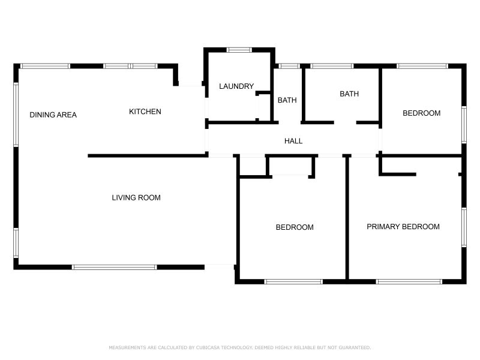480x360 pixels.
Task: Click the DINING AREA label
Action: point(53,115)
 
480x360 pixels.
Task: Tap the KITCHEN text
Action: point(145,112)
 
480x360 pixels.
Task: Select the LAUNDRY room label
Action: point(236,86)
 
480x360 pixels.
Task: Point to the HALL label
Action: point(293,141)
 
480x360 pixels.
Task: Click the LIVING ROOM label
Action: point(136,197)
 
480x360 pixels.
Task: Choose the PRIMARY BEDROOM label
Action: point(403,227)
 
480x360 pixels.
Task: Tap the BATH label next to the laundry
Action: point(287,100)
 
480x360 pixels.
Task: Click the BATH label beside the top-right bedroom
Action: point(349,94)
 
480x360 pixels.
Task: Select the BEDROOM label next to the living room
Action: point(295,227)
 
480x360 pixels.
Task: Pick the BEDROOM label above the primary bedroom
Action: point(421,113)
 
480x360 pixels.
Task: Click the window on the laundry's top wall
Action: point(239,50)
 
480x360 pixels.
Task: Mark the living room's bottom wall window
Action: point(115,267)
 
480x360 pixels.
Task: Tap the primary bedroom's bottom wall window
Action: point(409,281)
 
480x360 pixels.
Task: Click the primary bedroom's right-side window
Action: point(464,227)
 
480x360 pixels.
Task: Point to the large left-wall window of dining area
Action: point(16,114)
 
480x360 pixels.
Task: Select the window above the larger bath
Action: point(332,66)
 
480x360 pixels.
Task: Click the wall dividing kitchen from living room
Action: point(148,156)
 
